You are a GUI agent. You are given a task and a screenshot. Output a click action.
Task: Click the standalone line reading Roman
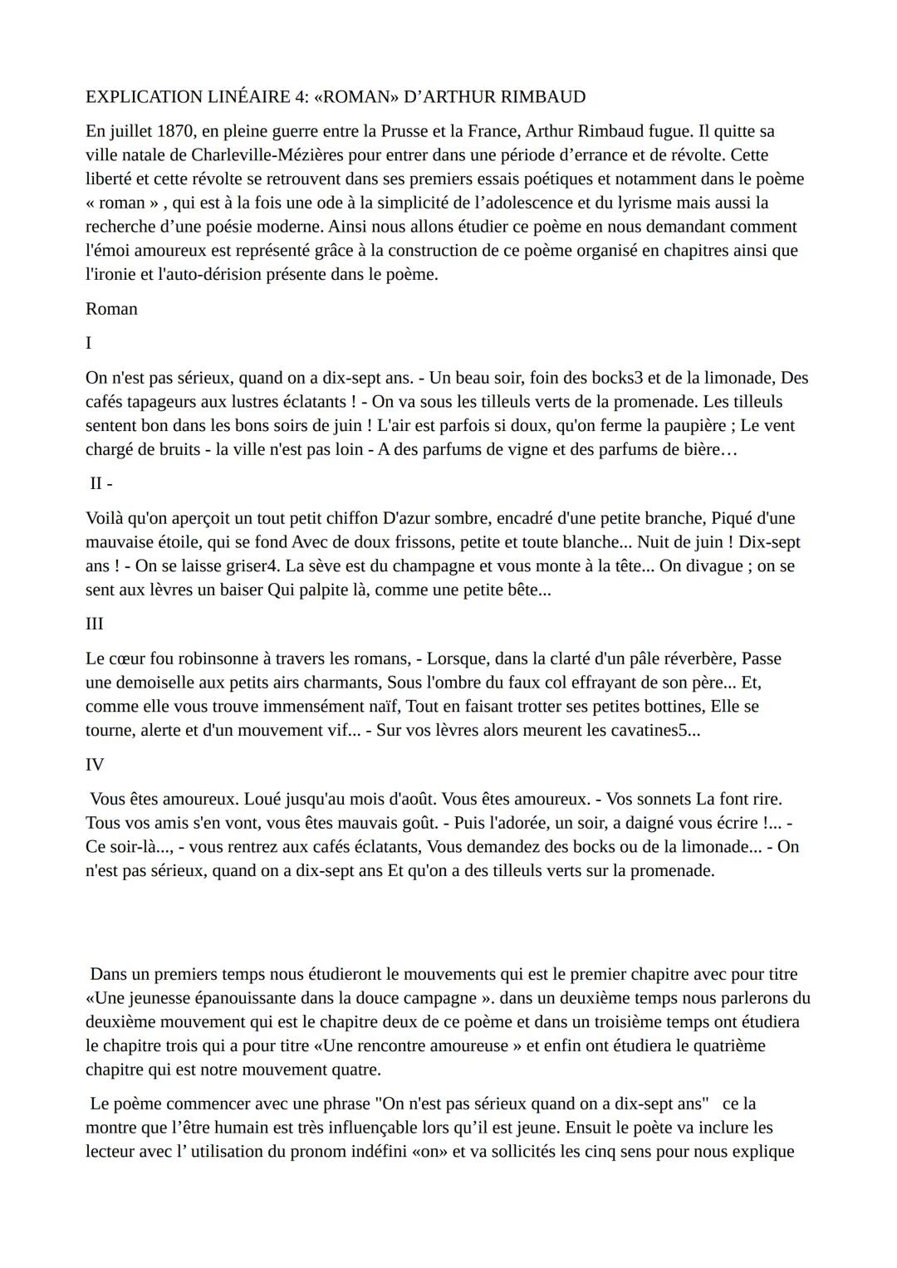coord(111,309)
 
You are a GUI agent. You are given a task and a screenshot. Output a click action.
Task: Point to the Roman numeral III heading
coord(94,624)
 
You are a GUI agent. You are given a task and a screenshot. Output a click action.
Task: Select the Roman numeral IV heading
coord(94,764)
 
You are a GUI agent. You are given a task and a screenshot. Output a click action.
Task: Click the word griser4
coord(252,566)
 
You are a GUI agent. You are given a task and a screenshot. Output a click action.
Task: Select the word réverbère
coord(692,659)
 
